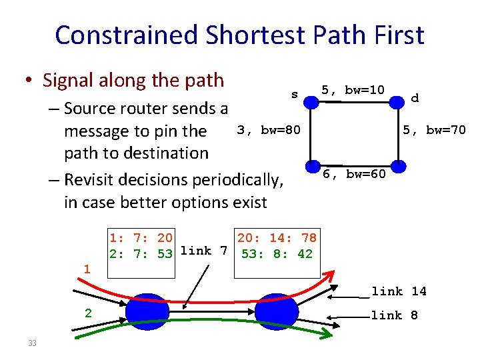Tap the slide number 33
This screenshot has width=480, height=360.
tap(31, 343)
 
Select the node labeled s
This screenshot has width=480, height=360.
tap(309, 101)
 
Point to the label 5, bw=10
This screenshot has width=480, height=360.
tap(353, 90)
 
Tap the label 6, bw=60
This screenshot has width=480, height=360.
tap(354, 175)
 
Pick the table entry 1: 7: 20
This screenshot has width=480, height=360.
tap(141, 237)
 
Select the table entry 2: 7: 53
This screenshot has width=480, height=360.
tap(141, 253)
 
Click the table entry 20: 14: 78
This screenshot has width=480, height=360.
tap(277, 237)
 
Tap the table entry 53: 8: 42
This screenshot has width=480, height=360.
tap(277, 253)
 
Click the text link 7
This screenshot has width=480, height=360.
tap(204, 251)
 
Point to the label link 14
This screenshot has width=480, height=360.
tap(399, 291)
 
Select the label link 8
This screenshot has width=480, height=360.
tap(395, 315)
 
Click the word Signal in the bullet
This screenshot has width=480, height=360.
tap(67, 81)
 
